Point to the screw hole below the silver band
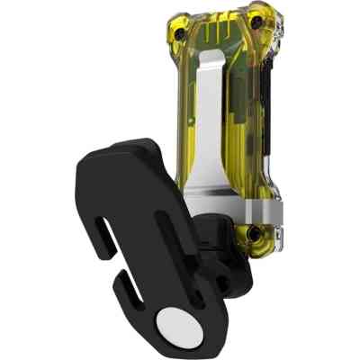click(x=253, y=236)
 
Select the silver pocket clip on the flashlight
click(x=209, y=135)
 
